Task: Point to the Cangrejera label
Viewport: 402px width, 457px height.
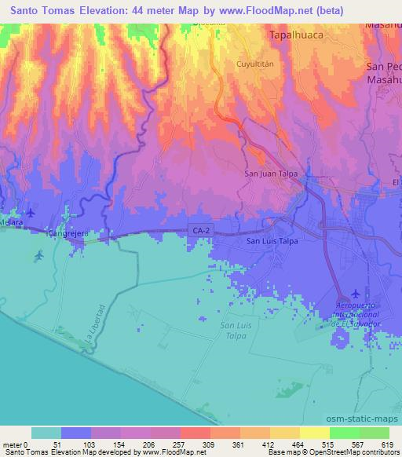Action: point(66,233)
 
